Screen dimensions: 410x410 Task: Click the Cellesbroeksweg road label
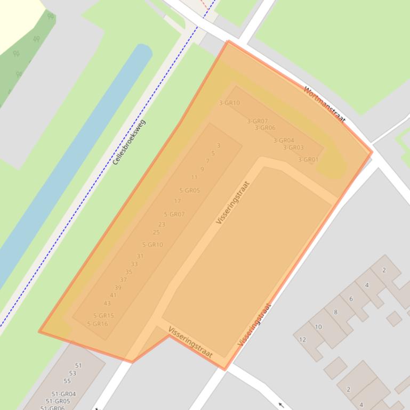129,142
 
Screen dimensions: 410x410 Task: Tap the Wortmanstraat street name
325,104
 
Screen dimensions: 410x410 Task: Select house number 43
107,304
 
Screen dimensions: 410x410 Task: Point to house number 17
178,201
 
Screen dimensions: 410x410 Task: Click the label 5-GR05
189,191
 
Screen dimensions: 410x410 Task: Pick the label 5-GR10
152,245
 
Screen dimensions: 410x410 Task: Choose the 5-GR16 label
97,324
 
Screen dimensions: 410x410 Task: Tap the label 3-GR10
229,103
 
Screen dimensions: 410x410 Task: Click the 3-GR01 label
308,160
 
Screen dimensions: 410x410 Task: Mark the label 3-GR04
283,141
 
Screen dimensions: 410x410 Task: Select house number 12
302,340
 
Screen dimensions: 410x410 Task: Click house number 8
335,313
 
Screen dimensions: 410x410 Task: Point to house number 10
318,327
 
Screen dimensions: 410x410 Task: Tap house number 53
73,373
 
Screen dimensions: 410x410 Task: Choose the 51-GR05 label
58,401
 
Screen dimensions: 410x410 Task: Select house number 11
194,177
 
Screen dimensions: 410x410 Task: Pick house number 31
140,257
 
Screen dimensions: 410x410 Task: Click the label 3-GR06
264,128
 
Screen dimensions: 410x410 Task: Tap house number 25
156,232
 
